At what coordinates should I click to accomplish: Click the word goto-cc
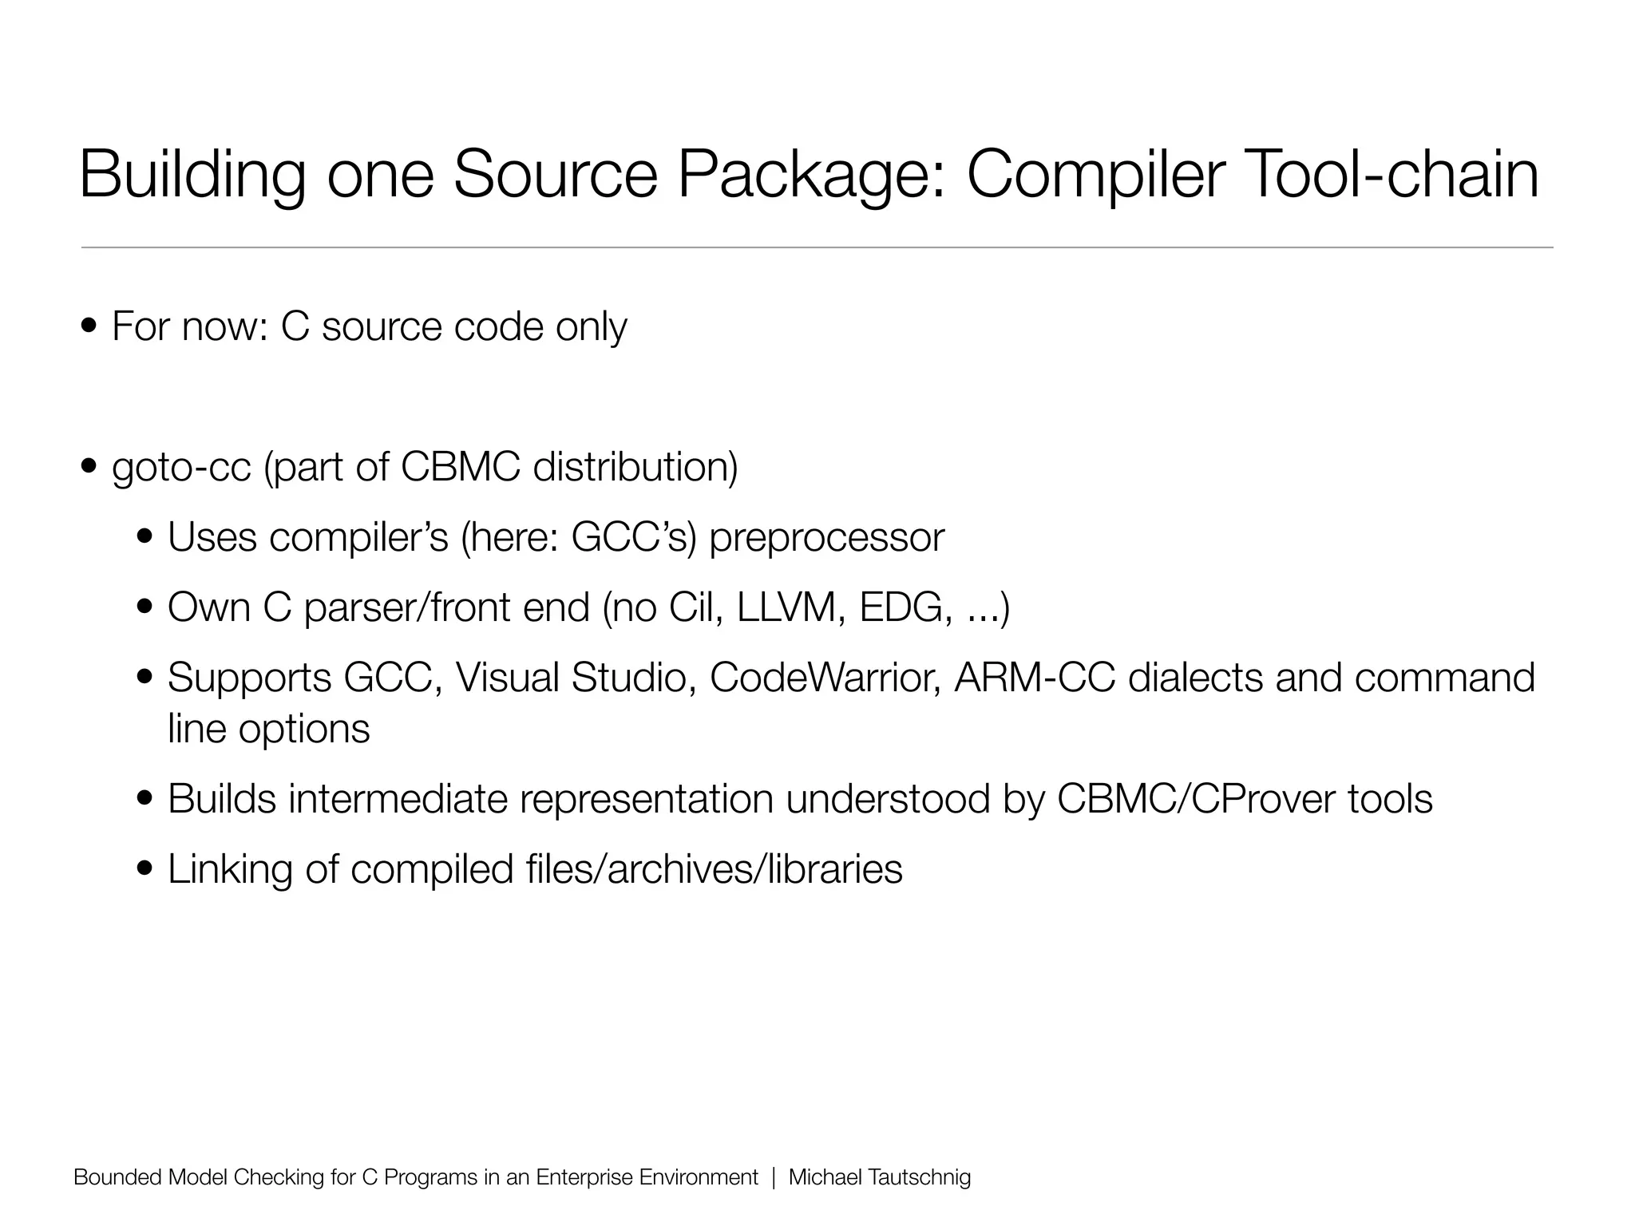[x=181, y=468]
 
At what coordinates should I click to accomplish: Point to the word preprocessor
[x=826, y=538]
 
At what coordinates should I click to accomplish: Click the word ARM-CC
[x=1034, y=678]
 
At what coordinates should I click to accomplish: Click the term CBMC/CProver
[x=1196, y=799]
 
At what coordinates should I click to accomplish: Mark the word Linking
[x=230, y=869]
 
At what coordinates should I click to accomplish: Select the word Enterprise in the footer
[x=585, y=1177]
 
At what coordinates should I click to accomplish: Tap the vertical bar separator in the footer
[x=774, y=1177]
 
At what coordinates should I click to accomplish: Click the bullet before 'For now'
[x=90, y=326]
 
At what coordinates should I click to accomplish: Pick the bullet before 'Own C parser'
[x=146, y=607]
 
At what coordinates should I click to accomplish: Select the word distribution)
[x=635, y=468]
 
